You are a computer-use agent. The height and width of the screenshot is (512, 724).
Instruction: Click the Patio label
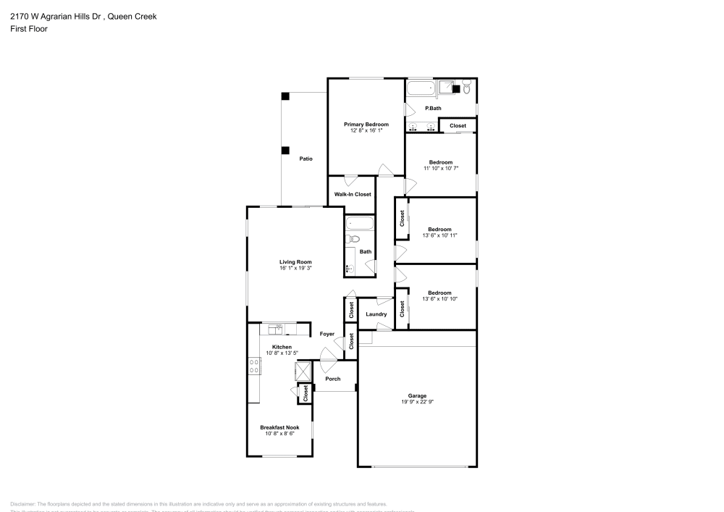coord(306,158)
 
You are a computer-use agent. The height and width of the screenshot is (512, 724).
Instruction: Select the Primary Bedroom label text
coord(366,125)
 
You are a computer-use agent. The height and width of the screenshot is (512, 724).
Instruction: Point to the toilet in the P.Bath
coord(467,88)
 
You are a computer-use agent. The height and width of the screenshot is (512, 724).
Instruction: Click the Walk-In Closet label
coord(353,194)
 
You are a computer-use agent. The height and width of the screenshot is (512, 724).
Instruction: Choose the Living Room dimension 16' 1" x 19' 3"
coord(295,268)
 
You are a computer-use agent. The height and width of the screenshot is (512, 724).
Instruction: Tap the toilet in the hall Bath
coord(354,238)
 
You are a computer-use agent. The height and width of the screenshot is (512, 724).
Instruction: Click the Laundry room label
coord(376,314)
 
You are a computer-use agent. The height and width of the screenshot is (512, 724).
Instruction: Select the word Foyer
coord(327,334)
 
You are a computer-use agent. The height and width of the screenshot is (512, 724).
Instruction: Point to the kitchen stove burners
coord(254,366)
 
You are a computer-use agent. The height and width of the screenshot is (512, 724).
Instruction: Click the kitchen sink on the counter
coord(276,330)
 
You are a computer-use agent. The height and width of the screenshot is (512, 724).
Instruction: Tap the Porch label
coord(332,379)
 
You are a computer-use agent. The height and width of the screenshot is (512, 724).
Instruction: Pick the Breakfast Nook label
coord(279,428)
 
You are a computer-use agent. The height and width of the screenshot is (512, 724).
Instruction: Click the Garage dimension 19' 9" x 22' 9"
coord(417,402)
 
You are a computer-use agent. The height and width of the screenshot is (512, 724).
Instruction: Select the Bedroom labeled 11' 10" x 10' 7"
coord(440,162)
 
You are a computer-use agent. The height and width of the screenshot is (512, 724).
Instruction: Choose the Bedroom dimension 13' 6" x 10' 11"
coord(440,235)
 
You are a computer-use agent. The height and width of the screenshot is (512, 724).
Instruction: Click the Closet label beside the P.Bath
coord(458,126)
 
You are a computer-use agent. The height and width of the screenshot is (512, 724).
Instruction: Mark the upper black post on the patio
coord(285,96)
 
